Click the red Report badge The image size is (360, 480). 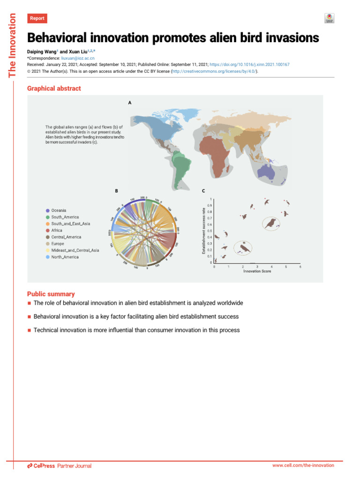click(x=37, y=19)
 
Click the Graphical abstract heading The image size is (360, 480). click(x=54, y=88)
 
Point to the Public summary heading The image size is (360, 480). click(x=51, y=294)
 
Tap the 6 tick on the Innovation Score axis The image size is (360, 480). click(x=300, y=266)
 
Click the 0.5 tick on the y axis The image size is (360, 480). click(x=210, y=231)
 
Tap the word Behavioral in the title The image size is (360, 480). click(x=59, y=38)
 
